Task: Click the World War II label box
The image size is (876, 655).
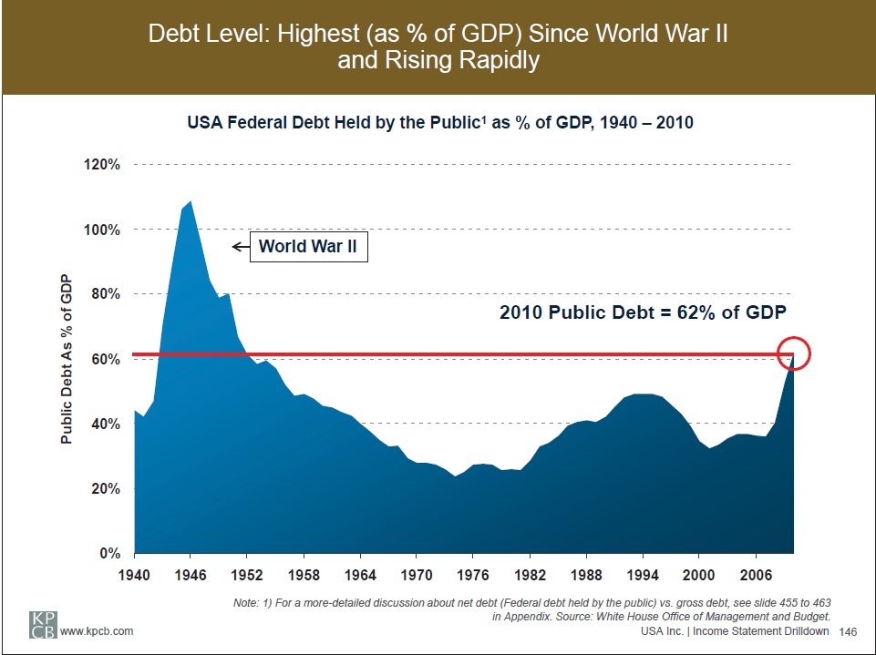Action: tap(309, 246)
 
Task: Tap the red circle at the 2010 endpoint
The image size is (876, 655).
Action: tap(794, 354)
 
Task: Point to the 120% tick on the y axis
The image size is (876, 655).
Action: tap(104, 165)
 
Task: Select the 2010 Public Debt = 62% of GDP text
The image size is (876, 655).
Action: tap(642, 312)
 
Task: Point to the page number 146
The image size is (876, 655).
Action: tap(848, 631)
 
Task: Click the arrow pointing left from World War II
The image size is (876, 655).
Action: tap(241, 246)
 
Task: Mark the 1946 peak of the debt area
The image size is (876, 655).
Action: tap(190, 202)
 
